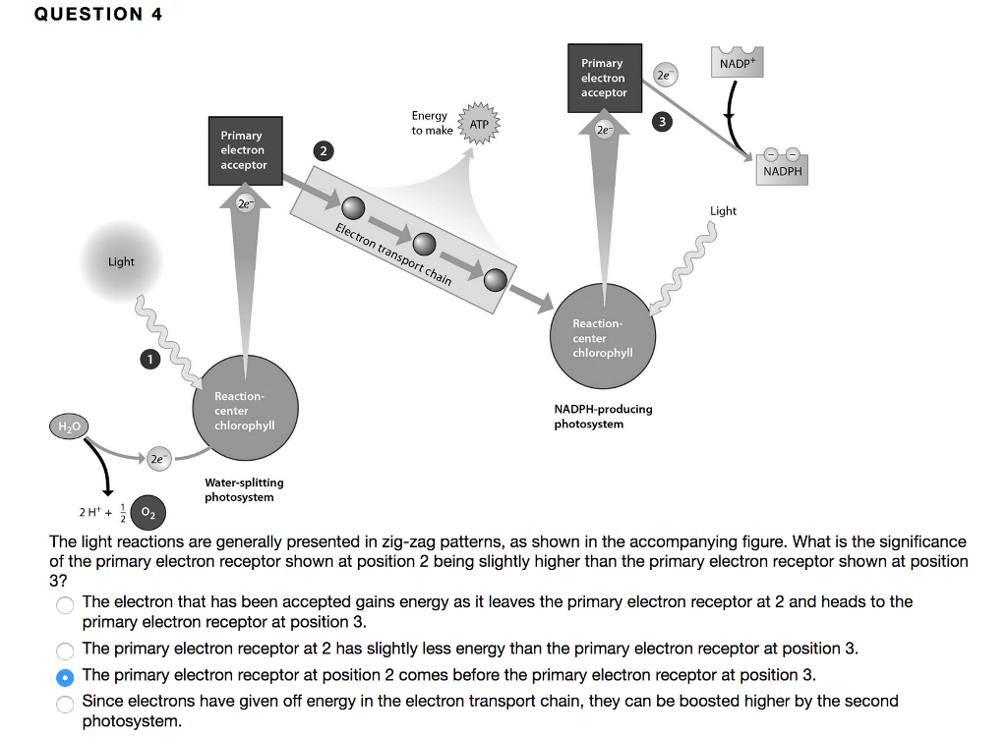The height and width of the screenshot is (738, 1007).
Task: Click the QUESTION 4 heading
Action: pyautogui.click(x=98, y=14)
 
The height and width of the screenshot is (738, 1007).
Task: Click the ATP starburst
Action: pyautogui.click(x=479, y=125)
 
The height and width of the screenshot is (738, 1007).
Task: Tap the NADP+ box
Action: pyautogui.click(x=740, y=62)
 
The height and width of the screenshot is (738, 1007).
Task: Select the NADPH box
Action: pyautogui.click(x=782, y=169)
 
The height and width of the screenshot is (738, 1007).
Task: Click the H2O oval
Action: pyautogui.click(x=69, y=426)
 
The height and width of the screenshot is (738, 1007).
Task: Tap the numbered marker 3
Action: pyautogui.click(x=663, y=122)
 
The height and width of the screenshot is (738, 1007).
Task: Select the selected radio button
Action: pyautogui.click(x=65, y=676)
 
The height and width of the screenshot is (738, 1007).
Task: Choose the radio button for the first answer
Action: pyautogui.click(x=65, y=603)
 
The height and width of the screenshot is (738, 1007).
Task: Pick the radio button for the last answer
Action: pyautogui.click(x=65, y=703)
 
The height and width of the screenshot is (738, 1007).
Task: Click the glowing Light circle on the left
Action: pyautogui.click(x=121, y=261)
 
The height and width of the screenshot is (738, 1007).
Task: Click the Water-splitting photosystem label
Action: pyautogui.click(x=244, y=489)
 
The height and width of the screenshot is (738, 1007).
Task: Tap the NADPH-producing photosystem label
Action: pyautogui.click(x=603, y=416)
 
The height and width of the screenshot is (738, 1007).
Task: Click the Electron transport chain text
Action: pyautogui.click(x=393, y=254)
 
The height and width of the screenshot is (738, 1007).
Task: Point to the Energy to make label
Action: pyautogui.click(x=431, y=123)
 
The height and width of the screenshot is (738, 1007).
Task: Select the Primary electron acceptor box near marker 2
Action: pyautogui.click(x=244, y=149)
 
